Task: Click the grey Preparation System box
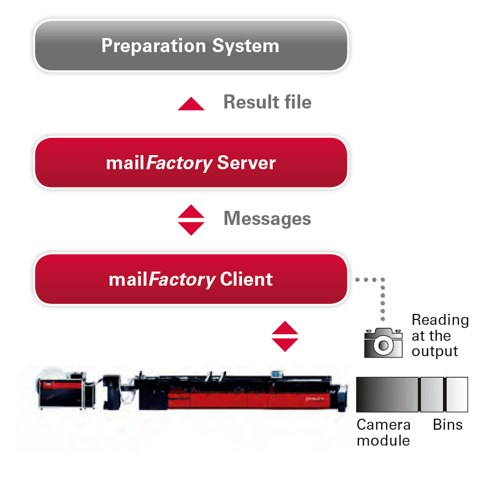[191, 46]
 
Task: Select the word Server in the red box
[246, 163]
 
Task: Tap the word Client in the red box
[246, 280]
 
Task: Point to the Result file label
[267, 102]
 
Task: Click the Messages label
[267, 218]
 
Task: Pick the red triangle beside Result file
[191, 104]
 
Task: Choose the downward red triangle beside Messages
[191, 229]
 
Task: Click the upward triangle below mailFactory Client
[285, 328]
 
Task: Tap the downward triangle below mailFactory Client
[285, 344]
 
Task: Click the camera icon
[383, 343]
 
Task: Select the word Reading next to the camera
[440, 320]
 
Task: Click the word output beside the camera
[434, 351]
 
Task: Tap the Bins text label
[447, 425]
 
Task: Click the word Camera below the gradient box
[384, 425]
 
